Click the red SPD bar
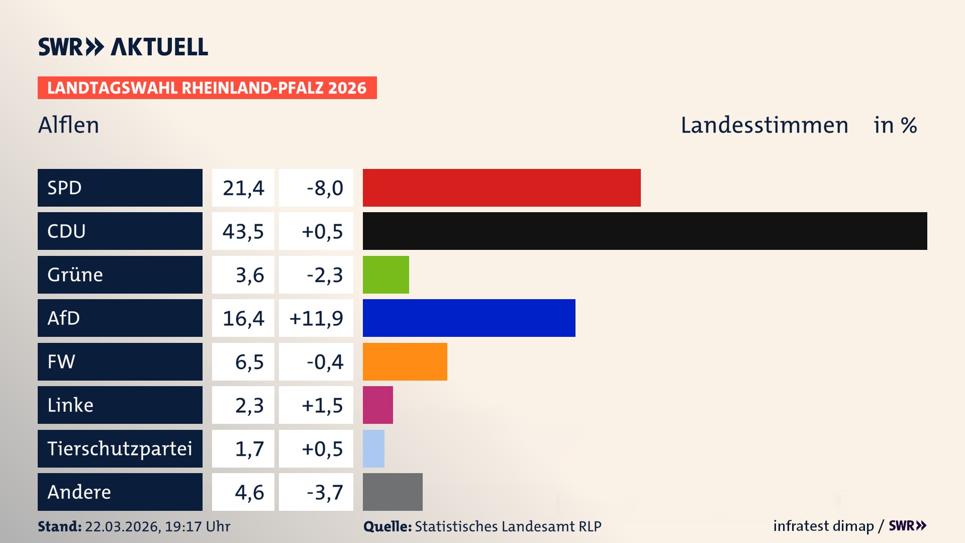coord(502,188)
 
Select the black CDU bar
coord(645,231)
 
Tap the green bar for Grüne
coord(385,275)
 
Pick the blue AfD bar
coord(469,318)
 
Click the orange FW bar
coord(405,361)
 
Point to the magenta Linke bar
coord(377,405)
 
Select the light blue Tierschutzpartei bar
coord(373,448)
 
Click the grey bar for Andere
coord(393,492)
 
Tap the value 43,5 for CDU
coord(243,231)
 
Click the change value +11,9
coord(316,318)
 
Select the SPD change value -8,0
coord(325,188)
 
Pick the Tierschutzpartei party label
coord(120,448)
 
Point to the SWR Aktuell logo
coord(123,47)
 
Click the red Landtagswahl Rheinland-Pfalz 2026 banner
coord(207,88)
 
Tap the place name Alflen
coord(69,125)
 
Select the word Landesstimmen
coord(764,125)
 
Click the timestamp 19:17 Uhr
coord(197,526)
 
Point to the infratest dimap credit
coord(823,526)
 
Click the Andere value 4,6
coord(249,492)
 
